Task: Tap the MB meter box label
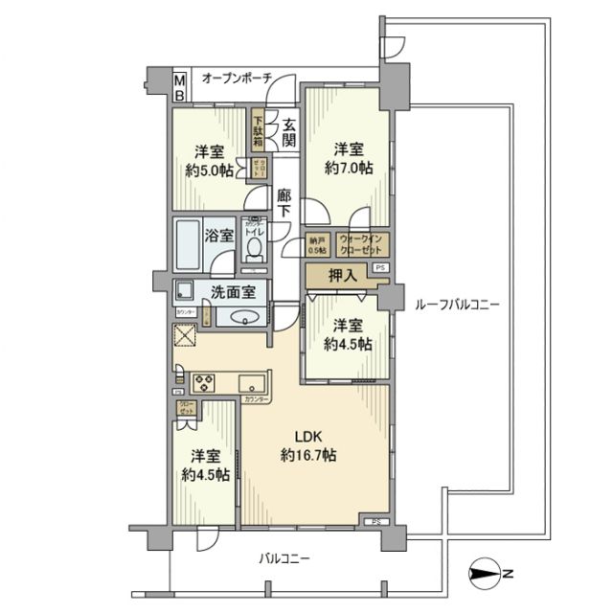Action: point(179,87)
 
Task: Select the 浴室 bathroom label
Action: point(218,235)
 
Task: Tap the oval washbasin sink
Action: point(243,319)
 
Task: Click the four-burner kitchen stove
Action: point(206,382)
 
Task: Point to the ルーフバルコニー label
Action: point(458,306)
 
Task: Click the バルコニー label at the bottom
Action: point(285,558)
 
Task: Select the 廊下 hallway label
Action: point(284,202)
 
